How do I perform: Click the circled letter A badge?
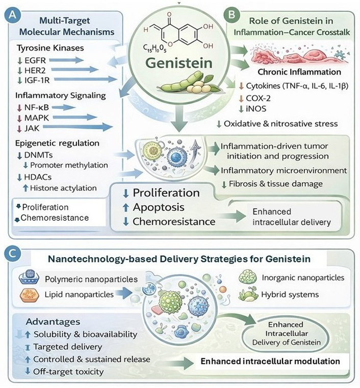coord(11,17)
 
